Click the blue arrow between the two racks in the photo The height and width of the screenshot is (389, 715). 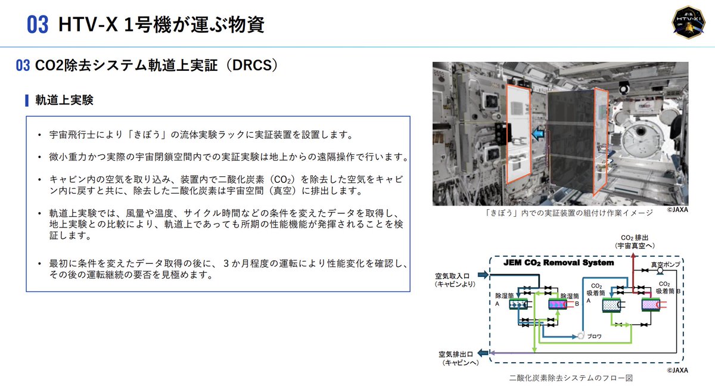[539, 135]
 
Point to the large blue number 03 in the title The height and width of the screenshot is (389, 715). [38, 25]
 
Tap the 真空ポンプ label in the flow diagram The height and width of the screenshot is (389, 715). [664, 265]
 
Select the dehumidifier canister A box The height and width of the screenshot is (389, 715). [518, 304]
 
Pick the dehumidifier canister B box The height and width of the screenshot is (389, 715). [558, 304]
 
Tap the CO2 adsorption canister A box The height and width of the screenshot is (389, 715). [612, 306]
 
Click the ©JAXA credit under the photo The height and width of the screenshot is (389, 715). [677, 210]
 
